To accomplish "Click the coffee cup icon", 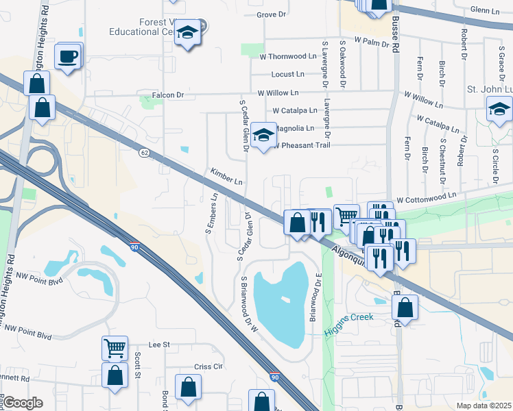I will [68, 56].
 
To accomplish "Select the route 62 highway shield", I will [143, 151].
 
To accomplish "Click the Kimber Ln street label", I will [226, 177].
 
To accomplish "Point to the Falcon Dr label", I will [171, 95].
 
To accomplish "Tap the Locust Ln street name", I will [287, 74].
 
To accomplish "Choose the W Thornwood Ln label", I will [287, 56].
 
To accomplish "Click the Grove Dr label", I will [270, 14].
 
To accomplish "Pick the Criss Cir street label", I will [209, 366].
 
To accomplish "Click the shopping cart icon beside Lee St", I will [115, 347].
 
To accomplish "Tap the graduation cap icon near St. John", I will [499, 109].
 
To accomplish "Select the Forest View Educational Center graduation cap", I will [187, 33].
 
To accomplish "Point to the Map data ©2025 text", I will [484, 406].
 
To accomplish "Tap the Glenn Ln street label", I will [486, 10].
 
